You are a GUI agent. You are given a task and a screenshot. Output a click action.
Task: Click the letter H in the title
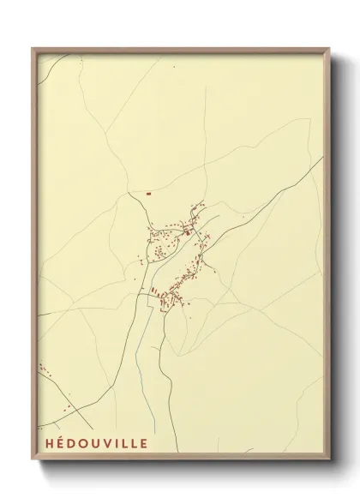coord(42,444)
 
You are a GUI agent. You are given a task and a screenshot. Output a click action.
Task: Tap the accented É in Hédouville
coord(54,444)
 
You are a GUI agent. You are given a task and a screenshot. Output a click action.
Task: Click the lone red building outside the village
coord(149,193)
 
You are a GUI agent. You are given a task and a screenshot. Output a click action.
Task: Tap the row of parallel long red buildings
coord(163,298)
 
